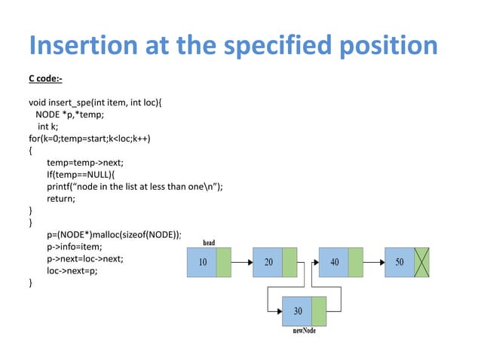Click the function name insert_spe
pyautogui.click(x=78, y=102)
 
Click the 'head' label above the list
pyautogui.click(x=209, y=243)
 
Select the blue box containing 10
pyautogui.click(x=202, y=263)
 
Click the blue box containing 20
pyautogui.click(x=268, y=263)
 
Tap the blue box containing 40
pyautogui.click(x=334, y=263)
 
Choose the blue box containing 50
pyautogui.click(x=399, y=263)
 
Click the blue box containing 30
pyautogui.click(x=297, y=312)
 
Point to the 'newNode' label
pyautogui.click(x=304, y=331)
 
